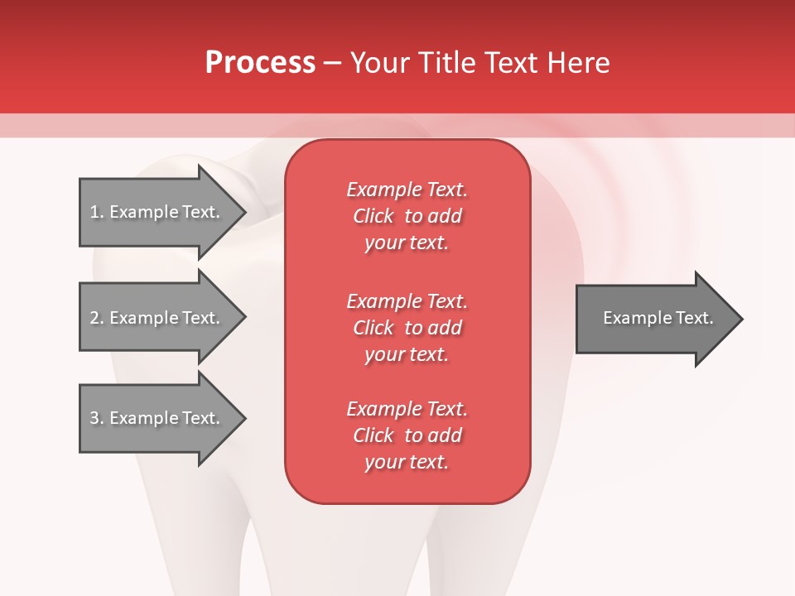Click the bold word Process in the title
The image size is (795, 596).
point(260,63)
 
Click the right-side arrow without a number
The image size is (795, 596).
point(654,319)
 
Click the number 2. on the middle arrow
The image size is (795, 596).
point(96,318)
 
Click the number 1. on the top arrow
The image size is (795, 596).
point(96,212)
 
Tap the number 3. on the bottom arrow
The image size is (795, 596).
point(96,418)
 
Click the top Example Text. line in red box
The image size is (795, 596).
point(407,190)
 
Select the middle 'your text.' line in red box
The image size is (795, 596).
point(407,354)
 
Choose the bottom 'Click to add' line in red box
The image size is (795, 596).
point(407,435)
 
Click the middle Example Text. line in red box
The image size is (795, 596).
point(407,300)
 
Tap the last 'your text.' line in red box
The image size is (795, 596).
point(407,462)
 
